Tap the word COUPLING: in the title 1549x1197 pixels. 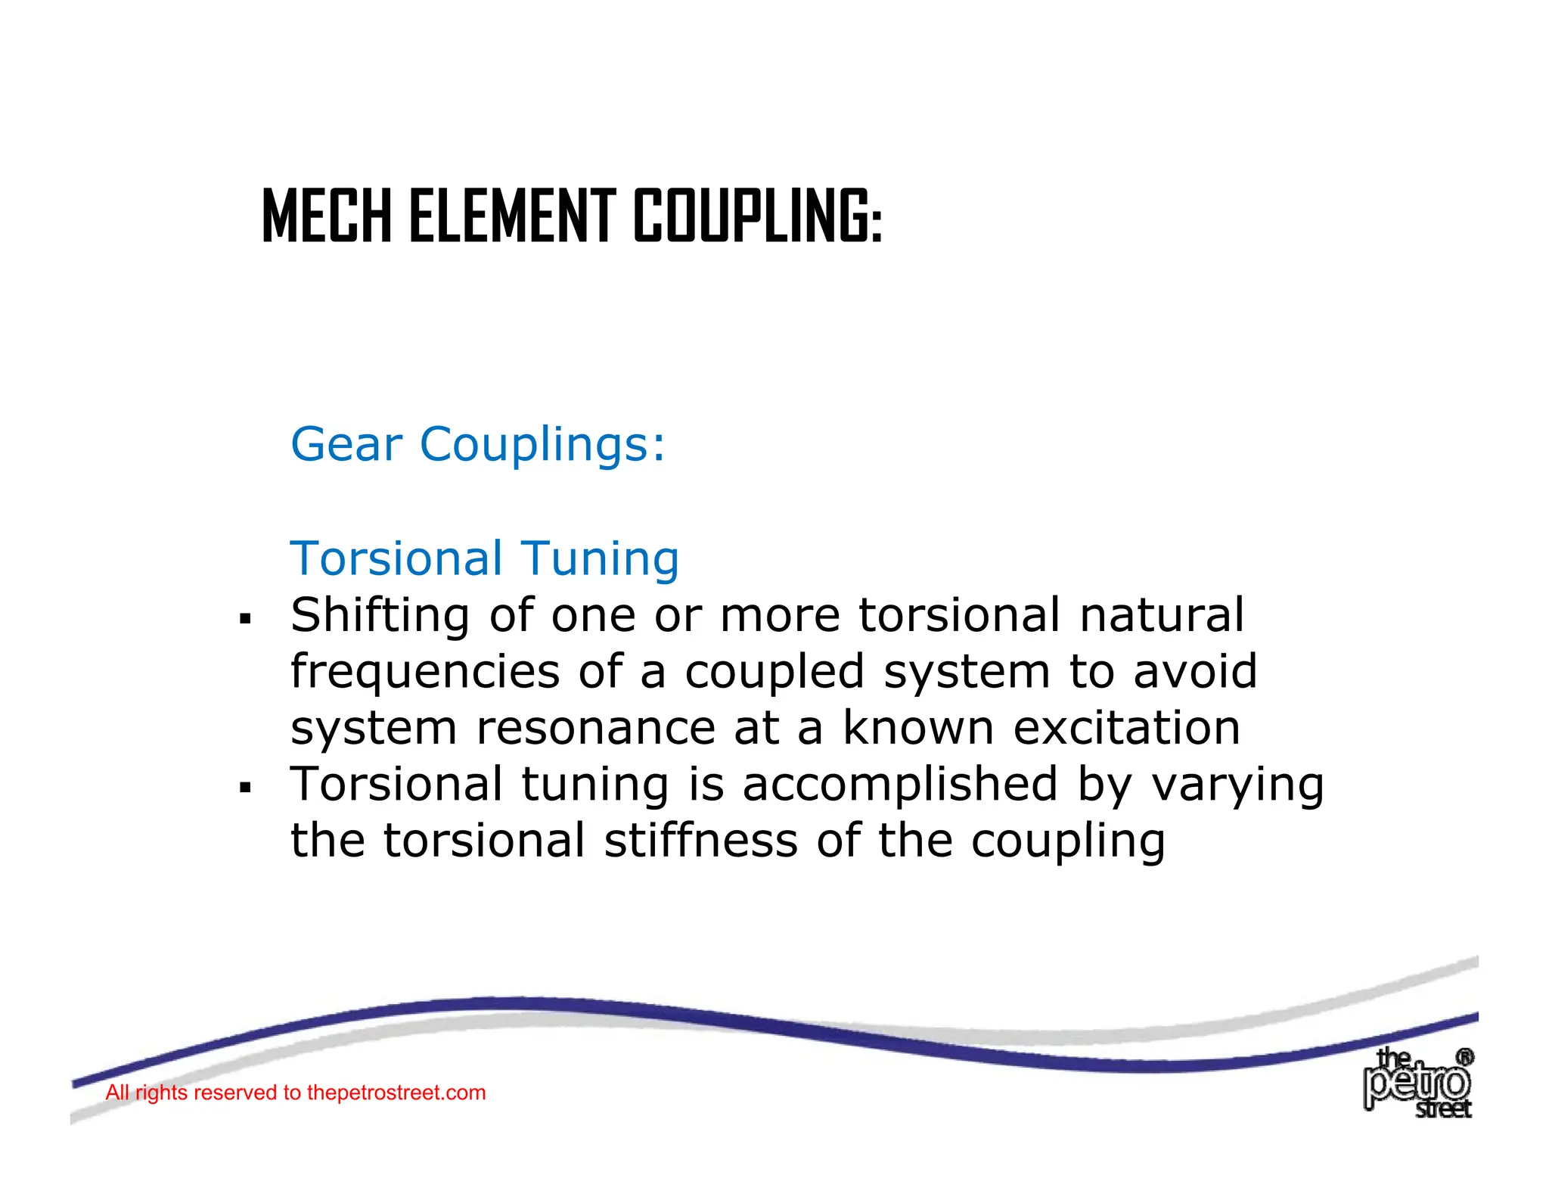point(757,217)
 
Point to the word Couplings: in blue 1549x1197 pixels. point(542,444)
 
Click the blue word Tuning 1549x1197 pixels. point(601,560)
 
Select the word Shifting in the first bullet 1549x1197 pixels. point(380,616)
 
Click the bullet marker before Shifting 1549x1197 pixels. point(244,619)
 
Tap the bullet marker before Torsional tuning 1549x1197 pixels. point(244,788)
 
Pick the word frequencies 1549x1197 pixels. point(424,673)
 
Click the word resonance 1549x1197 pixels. point(595,729)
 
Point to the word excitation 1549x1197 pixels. point(1126,729)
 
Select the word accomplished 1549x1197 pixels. point(899,785)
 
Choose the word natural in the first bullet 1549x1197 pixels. point(1161,616)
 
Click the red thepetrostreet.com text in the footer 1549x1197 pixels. point(396,1093)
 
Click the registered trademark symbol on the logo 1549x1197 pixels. point(1464,1057)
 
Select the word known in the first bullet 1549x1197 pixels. point(917,729)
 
